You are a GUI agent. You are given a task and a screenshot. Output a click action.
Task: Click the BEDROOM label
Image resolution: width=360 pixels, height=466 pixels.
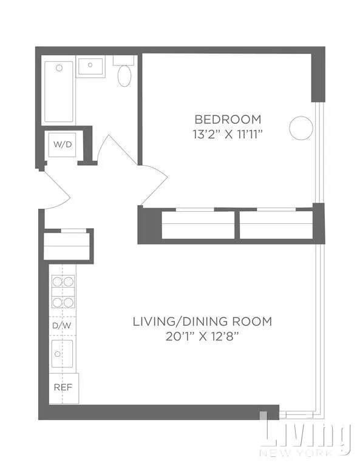click(228, 119)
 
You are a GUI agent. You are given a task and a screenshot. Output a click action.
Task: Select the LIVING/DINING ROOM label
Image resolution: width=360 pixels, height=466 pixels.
click(202, 321)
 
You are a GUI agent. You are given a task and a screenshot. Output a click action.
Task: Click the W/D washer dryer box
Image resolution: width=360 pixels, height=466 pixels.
click(62, 145)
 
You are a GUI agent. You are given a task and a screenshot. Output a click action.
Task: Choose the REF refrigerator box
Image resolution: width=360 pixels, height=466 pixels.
click(63, 386)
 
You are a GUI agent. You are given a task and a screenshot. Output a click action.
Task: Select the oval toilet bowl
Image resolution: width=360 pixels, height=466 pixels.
click(125, 76)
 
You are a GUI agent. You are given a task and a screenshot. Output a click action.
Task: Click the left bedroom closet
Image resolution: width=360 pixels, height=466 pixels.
click(198, 225)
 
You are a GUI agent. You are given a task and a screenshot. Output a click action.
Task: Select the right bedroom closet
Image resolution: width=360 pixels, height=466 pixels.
click(276, 225)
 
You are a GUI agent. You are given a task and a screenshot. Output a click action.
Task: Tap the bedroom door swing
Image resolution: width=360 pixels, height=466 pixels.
click(153, 182)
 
